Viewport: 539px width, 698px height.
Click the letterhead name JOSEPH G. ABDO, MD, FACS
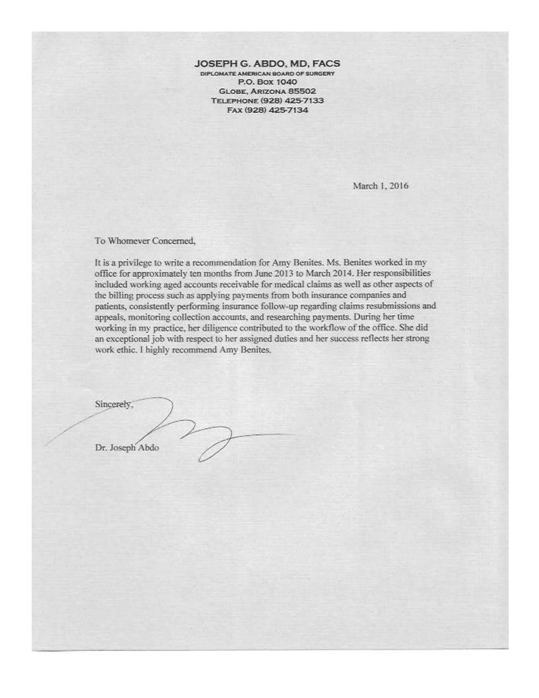pyautogui.click(x=267, y=63)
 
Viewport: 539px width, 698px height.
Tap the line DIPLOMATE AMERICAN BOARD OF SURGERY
pyautogui.click(x=267, y=73)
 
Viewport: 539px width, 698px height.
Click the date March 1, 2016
pyautogui.click(x=380, y=186)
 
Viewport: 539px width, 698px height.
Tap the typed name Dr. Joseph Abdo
pyautogui.click(x=127, y=448)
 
